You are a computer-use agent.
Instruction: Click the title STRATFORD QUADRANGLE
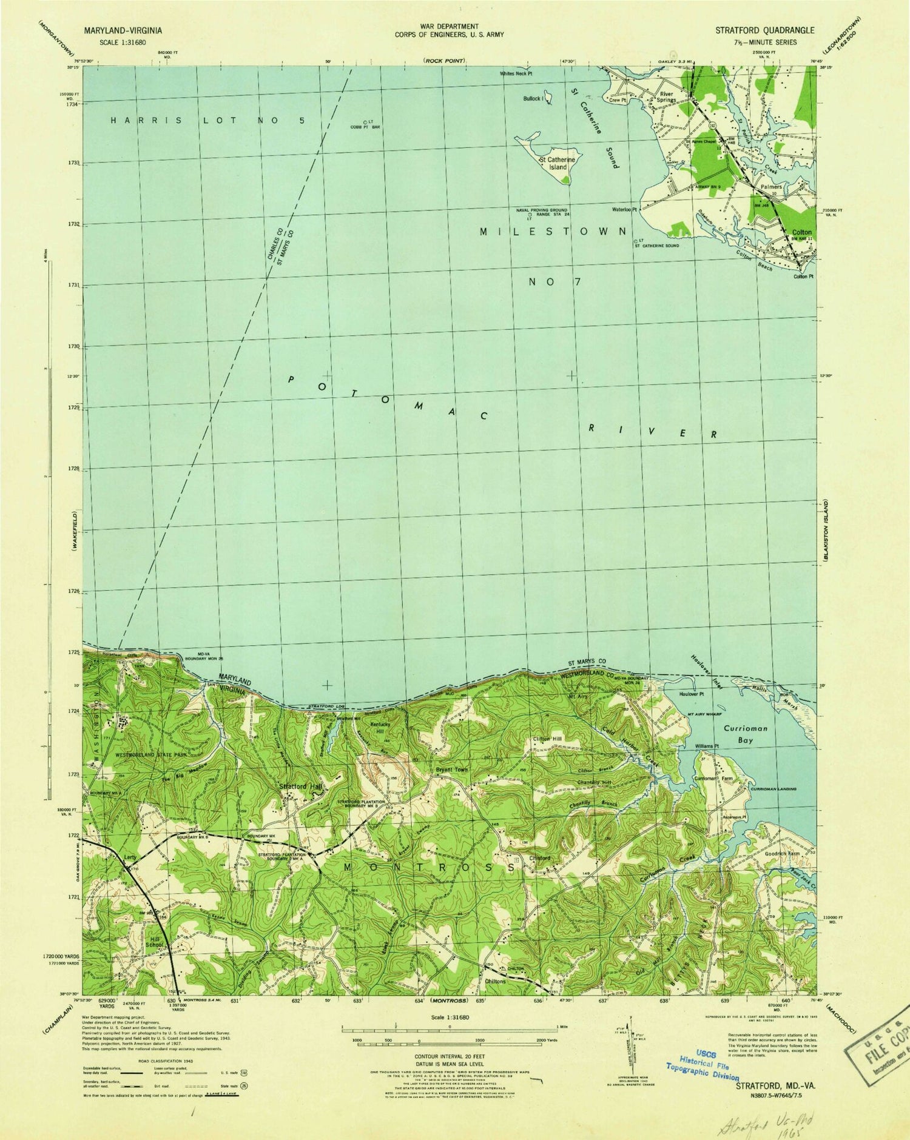(764, 30)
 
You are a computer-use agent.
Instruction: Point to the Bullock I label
(533, 98)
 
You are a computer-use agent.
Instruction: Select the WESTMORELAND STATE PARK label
(152, 756)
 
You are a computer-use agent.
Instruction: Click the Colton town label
(801, 232)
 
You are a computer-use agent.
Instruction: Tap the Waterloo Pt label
(625, 210)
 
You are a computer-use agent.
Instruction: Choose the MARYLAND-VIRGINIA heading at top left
(119, 30)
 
